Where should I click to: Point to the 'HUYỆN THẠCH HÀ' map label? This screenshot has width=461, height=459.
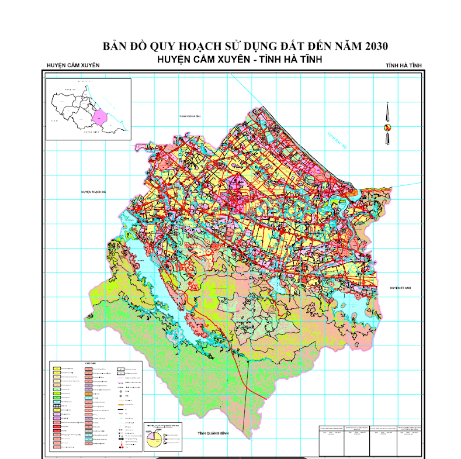click(x=96, y=191)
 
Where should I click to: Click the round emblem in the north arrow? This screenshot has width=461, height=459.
click(x=386, y=127)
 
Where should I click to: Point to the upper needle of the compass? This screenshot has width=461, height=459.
click(x=386, y=112)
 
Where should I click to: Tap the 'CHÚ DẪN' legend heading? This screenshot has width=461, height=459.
click(x=89, y=363)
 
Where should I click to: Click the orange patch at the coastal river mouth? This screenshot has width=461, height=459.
click(x=352, y=191)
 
